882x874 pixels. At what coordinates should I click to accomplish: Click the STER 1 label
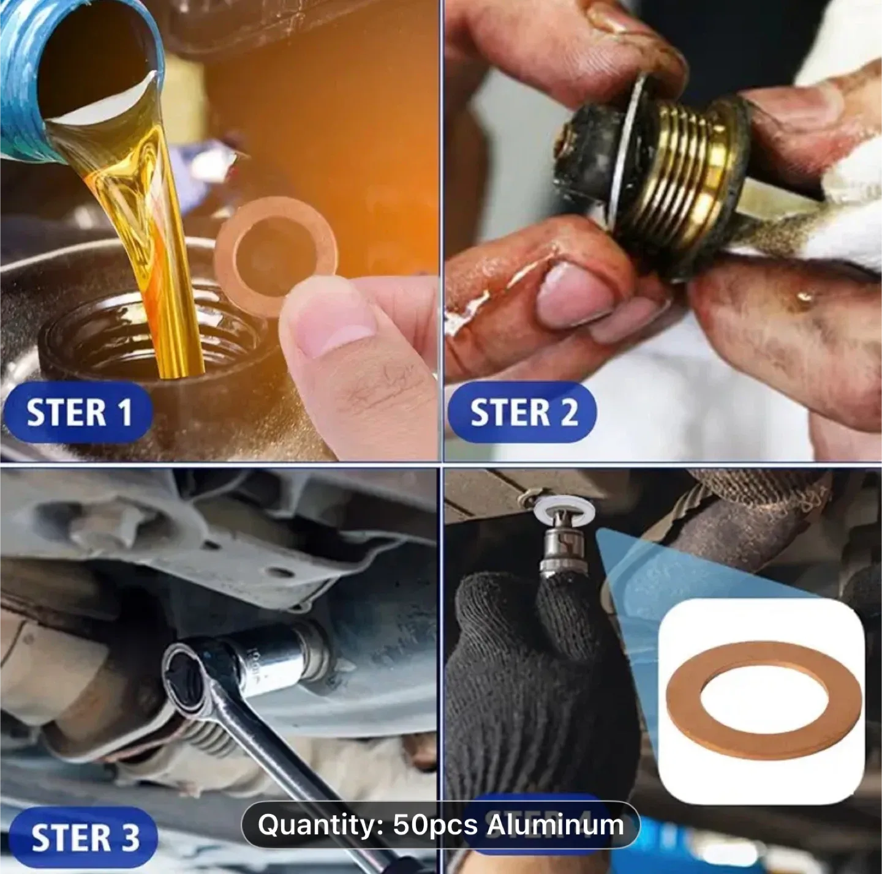(78, 412)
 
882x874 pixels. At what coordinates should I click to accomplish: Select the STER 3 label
(84, 837)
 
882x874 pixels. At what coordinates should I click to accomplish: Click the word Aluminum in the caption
(555, 825)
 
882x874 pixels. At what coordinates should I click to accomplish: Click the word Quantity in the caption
(321, 825)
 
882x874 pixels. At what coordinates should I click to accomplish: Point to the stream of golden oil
(153, 245)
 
